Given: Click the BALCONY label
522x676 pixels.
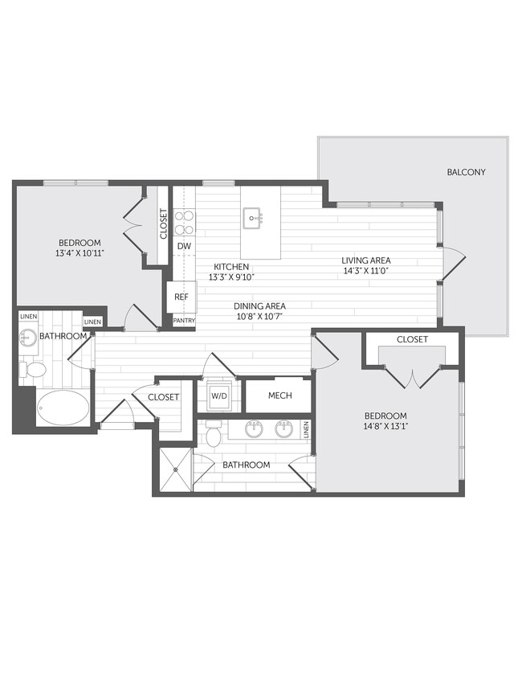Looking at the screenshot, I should pos(466,172).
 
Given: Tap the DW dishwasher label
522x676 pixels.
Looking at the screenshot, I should pos(184,246).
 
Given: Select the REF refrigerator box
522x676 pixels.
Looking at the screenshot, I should pos(181,297).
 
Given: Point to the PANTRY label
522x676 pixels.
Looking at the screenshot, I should pos(184,321).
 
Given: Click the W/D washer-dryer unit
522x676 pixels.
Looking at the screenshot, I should pos(218,395).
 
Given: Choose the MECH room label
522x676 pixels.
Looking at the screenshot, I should pos(279,395).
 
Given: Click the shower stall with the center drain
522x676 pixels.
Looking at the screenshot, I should pos(173,469).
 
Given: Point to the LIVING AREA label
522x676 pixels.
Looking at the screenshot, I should pos(365,260).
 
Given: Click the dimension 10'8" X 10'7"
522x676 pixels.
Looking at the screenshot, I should pos(259,316).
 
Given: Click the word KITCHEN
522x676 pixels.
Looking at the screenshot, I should pos(230,266).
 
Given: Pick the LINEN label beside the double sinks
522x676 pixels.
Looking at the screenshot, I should pos(306,430).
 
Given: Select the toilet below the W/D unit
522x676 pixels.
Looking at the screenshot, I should pos(214,434).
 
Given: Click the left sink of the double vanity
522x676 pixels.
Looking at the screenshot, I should pos(255,428).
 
